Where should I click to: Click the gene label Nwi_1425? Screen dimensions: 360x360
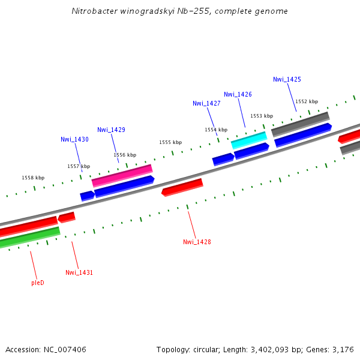[287, 79]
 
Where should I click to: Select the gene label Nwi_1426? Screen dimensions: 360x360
[238, 94]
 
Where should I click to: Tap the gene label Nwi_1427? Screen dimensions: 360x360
[206, 103]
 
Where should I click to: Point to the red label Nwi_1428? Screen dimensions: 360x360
[197, 242]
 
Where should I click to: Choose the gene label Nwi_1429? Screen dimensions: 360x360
[111, 130]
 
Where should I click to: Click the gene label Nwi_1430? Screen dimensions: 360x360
[74, 139]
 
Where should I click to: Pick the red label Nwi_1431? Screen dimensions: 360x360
[79, 272]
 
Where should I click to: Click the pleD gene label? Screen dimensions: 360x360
[38, 282]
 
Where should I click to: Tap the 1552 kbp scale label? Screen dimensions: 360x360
[307, 101]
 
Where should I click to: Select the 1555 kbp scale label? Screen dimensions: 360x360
[170, 142]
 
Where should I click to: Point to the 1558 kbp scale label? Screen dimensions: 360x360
[33, 178]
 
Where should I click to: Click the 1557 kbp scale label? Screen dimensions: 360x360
[79, 166]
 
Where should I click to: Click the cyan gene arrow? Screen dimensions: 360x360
[248, 140]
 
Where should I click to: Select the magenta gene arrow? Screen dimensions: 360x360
[122, 175]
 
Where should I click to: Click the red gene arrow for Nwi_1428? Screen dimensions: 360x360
[182, 187]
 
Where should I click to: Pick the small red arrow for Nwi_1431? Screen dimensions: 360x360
[67, 217]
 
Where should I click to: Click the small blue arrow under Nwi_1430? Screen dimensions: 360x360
[87, 195]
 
